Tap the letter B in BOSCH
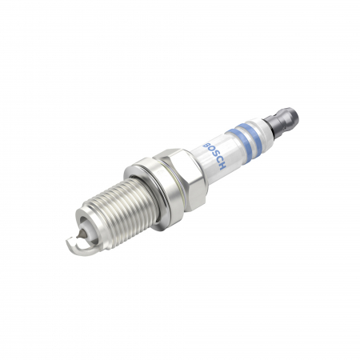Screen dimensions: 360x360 (x=206, y=145)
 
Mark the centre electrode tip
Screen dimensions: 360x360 (x=82, y=226)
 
